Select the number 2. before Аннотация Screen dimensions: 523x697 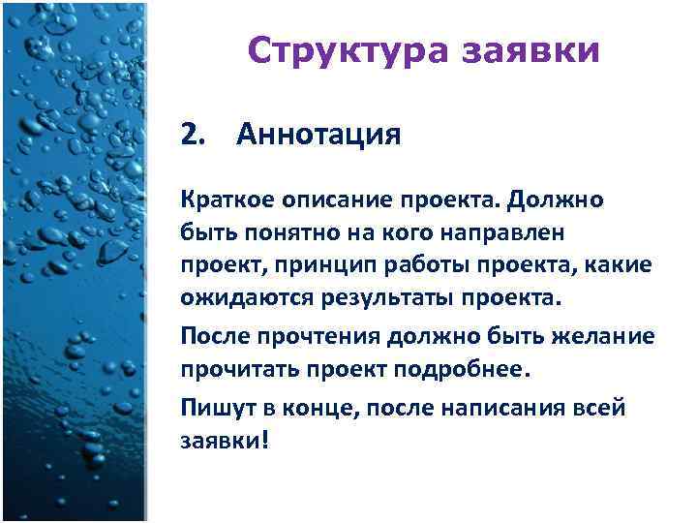click(195, 135)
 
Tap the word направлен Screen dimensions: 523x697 click(466, 232)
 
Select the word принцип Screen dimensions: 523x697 click(303, 265)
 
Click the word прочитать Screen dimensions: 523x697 click(228, 370)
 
